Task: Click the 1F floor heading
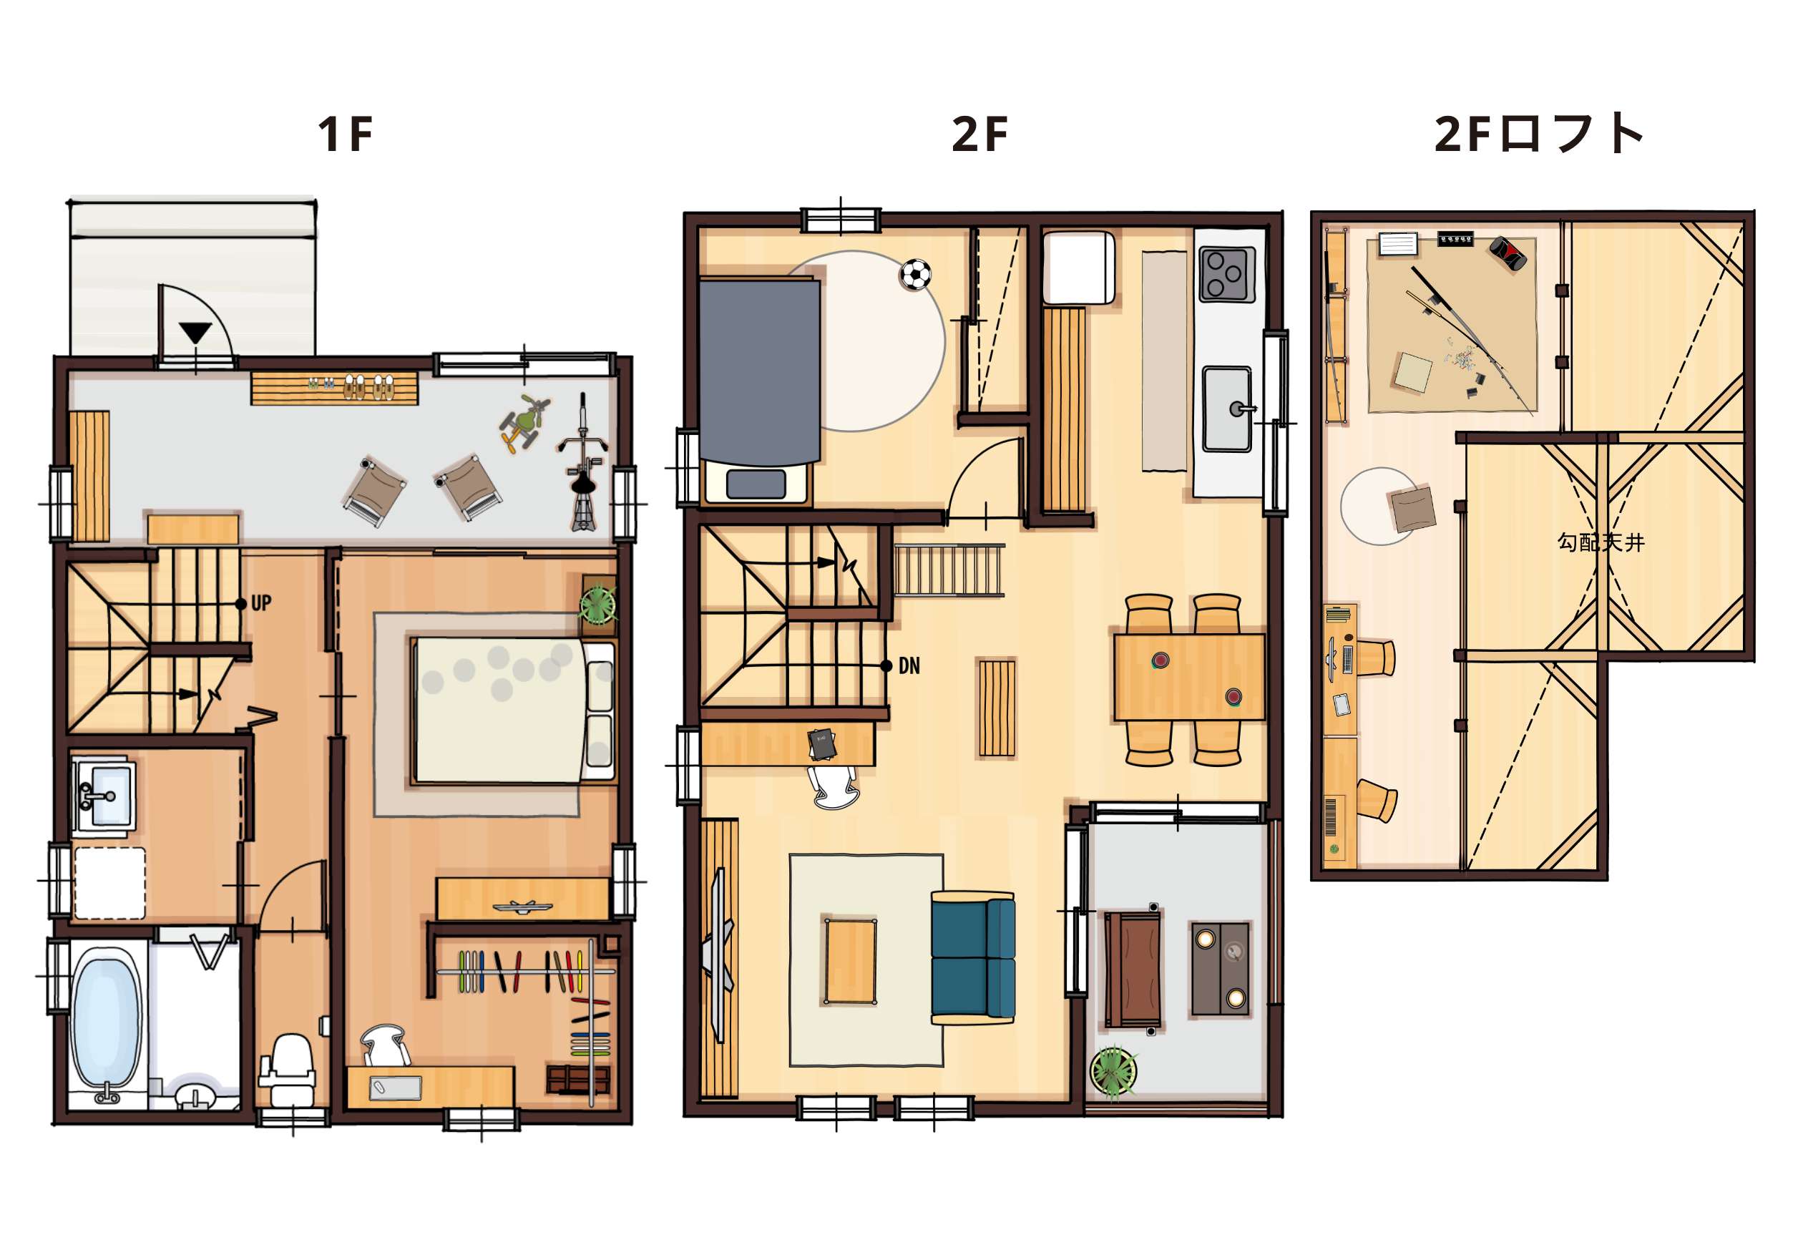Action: click(x=345, y=135)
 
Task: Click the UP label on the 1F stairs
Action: click(x=261, y=603)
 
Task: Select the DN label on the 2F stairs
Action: click(x=909, y=665)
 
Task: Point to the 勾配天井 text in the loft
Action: click(x=1601, y=542)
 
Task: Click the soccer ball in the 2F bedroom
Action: click(x=916, y=275)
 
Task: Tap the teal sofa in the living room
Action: click(x=973, y=957)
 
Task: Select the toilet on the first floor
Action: click(x=289, y=1069)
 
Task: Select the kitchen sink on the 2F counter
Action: click(x=1227, y=409)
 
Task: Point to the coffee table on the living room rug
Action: click(x=850, y=961)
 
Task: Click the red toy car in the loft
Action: click(x=1508, y=253)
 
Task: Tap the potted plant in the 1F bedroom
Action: click(x=598, y=603)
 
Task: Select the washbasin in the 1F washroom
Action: click(x=104, y=796)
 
